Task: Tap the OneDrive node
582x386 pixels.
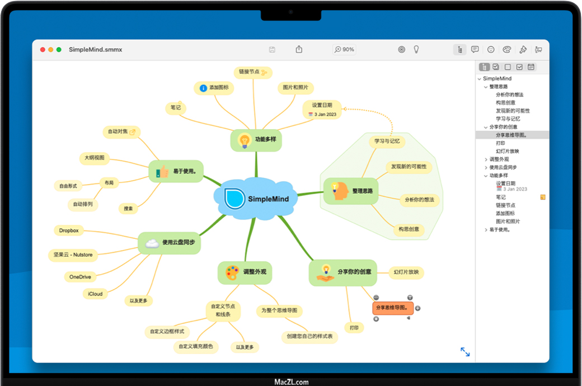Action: (x=80, y=276)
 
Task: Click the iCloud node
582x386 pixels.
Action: (x=95, y=294)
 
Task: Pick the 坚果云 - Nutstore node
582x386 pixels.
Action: (x=73, y=255)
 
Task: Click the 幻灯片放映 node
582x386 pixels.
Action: (x=406, y=272)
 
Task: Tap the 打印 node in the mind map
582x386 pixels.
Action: (x=354, y=327)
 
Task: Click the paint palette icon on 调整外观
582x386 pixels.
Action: (x=232, y=272)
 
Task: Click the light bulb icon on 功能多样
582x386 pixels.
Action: (x=244, y=140)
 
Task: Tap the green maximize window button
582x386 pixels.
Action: (x=59, y=49)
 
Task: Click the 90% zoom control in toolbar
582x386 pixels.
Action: (x=344, y=49)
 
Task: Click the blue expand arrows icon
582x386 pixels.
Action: (x=465, y=351)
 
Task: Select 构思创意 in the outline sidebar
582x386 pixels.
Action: (x=505, y=102)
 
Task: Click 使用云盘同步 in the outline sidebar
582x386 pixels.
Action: (x=503, y=167)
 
